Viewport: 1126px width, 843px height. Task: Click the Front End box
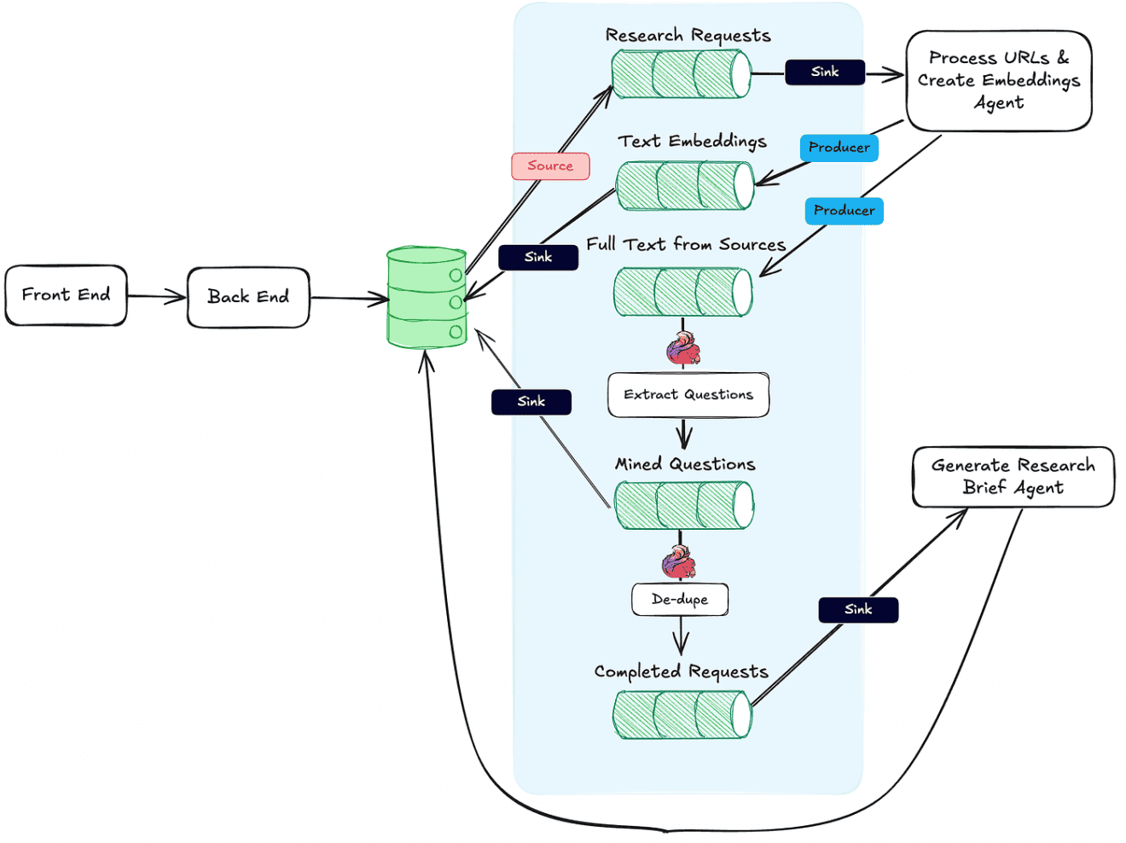[x=66, y=295]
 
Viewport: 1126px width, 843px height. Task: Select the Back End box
[x=248, y=297]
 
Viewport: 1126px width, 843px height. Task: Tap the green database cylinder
[x=427, y=298]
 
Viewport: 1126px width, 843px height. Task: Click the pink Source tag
[x=550, y=166]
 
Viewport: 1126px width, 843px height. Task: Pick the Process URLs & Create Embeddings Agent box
[x=999, y=80]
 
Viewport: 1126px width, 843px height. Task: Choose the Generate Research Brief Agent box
[x=1013, y=477]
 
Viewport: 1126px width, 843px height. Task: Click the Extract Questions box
[x=688, y=394]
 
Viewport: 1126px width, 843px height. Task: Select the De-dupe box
[x=680, y=599]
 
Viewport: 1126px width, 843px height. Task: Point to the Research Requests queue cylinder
[x=682, y=73]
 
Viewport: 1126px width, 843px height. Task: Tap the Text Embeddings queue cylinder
[x=685, y=186]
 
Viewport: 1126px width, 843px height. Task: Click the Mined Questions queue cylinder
[x=684, y=505]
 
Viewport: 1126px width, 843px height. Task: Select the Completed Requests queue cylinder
[x=682, y=714]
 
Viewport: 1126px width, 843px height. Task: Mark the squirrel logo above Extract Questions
[x=683, y=348]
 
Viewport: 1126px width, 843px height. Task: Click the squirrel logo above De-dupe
[x=679, y=561]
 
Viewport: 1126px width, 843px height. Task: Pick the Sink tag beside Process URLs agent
[x=825, y=72]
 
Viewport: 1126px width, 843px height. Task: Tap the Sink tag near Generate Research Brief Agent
[x=858, y=609]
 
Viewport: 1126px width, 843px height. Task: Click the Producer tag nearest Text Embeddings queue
[x=839, y=148]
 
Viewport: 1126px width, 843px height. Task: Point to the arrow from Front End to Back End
[x=157, y=297]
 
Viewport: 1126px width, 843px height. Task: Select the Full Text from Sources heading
[x=686, y=244]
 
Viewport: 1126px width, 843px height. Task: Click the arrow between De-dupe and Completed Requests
[x=681, y=635]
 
